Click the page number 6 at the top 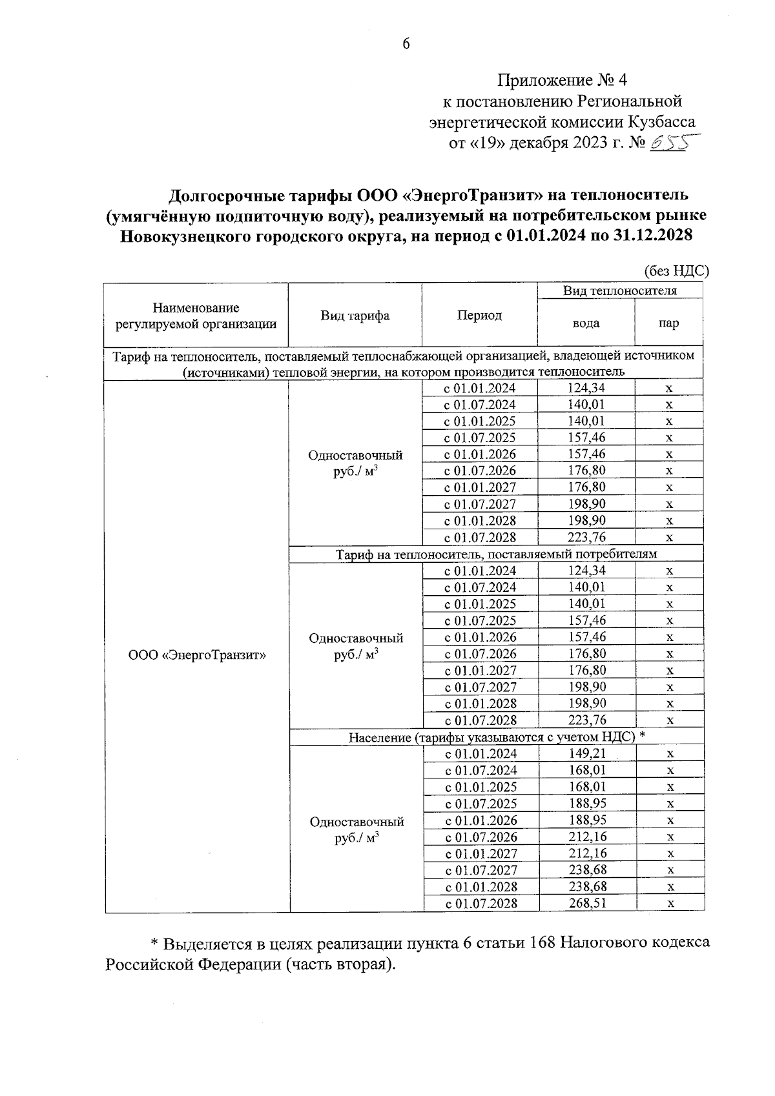(x=406, y=45)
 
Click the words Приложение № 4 (x=562, y=80)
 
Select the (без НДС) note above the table (x=676, y=271)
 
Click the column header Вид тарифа (x=355, y=316)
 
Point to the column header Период (x=479, y=315)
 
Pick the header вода (x=586, y=323)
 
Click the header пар (x=668, y=323)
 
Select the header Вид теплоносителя (x=619, y=291)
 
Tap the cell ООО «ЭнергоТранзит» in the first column (x=197, y=655)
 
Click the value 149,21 (x=587, y=753)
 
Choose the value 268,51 (x=587, y=903)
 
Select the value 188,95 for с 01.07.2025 (x=587, y=803)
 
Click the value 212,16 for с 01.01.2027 (x=587, y=853)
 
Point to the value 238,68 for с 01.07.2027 (x=587, y=870)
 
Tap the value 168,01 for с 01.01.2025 (x=587, y=787)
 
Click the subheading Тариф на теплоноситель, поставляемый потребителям (x=496, y=554)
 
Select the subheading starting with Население (x=497, y=737)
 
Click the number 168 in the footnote (x=541, y=942)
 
